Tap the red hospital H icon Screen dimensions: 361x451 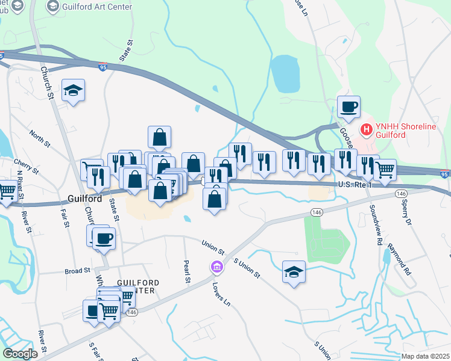click(x=365, y=129)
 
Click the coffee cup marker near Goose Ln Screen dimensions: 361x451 click(x=348, y=108)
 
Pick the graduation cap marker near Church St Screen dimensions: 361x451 click(x=74, y=91)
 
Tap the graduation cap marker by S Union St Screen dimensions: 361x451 click(x=294, y=272)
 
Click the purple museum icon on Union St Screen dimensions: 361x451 click(x=215, y=266)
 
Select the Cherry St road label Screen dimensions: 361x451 click(x=27, y=167)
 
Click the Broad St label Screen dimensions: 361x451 click(x=77, y=271)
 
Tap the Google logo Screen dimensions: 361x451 click(x=19, y=354)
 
